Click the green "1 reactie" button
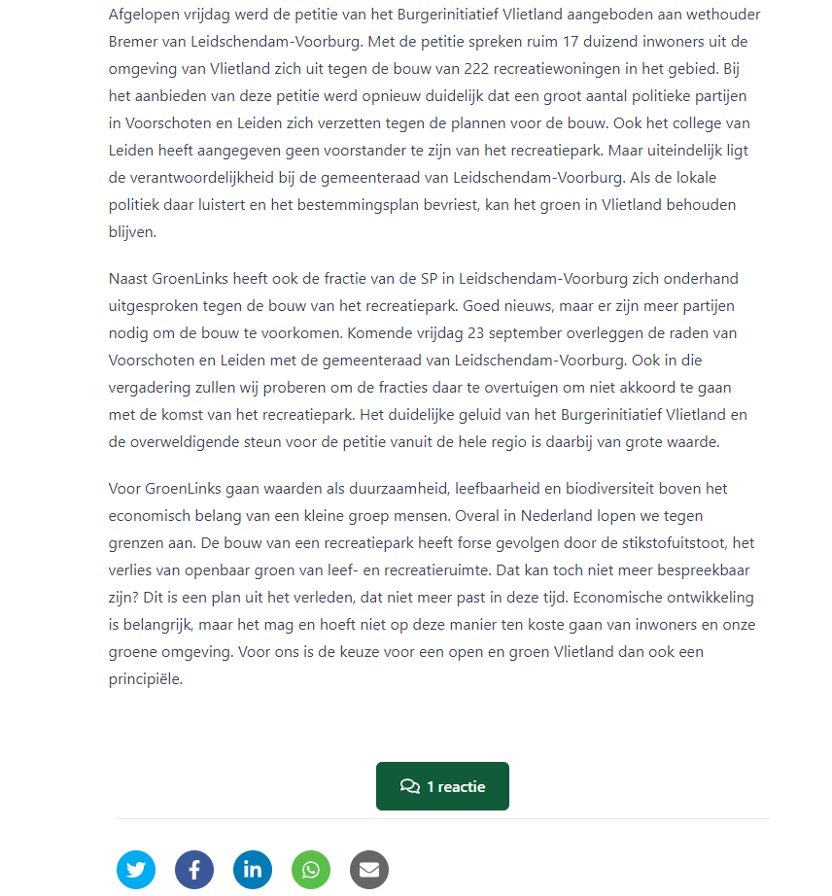pos(442,786)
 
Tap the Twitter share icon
pos(136,870)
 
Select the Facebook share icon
pos(194,870)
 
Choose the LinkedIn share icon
pos(253,870)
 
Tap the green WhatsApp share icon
pos(311,870)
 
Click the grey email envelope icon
pos(369,870)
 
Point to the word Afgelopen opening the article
pos(144,15)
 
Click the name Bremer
pos(135,42)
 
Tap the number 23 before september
pos(517,332)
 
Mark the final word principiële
pos(146,678)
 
